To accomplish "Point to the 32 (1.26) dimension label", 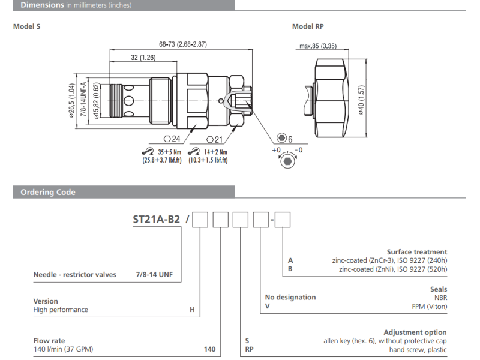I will click(143, 58).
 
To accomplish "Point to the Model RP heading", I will click(308, 26).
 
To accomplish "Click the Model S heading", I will click(27, 26).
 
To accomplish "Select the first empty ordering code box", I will click(200, 220).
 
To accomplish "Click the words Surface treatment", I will click(416, 252).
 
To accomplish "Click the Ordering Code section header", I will click(48, 193).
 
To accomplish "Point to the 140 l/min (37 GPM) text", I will click(63, 349).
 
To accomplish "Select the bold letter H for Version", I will click(192, 310).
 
